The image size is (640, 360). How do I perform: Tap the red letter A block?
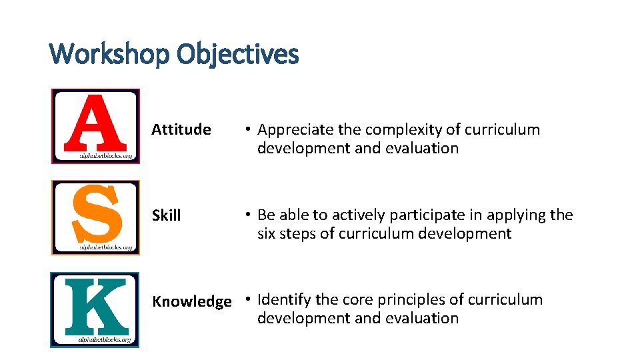95,125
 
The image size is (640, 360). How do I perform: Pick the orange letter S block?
95,217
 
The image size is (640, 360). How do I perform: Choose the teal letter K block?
95,309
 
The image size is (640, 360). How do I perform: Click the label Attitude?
181,129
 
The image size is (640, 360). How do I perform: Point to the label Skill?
166,215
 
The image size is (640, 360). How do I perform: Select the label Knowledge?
192,301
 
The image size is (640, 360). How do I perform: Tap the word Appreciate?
297,130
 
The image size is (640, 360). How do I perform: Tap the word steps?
297,234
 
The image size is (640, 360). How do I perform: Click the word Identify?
284,300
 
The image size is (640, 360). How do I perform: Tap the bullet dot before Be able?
247,215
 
